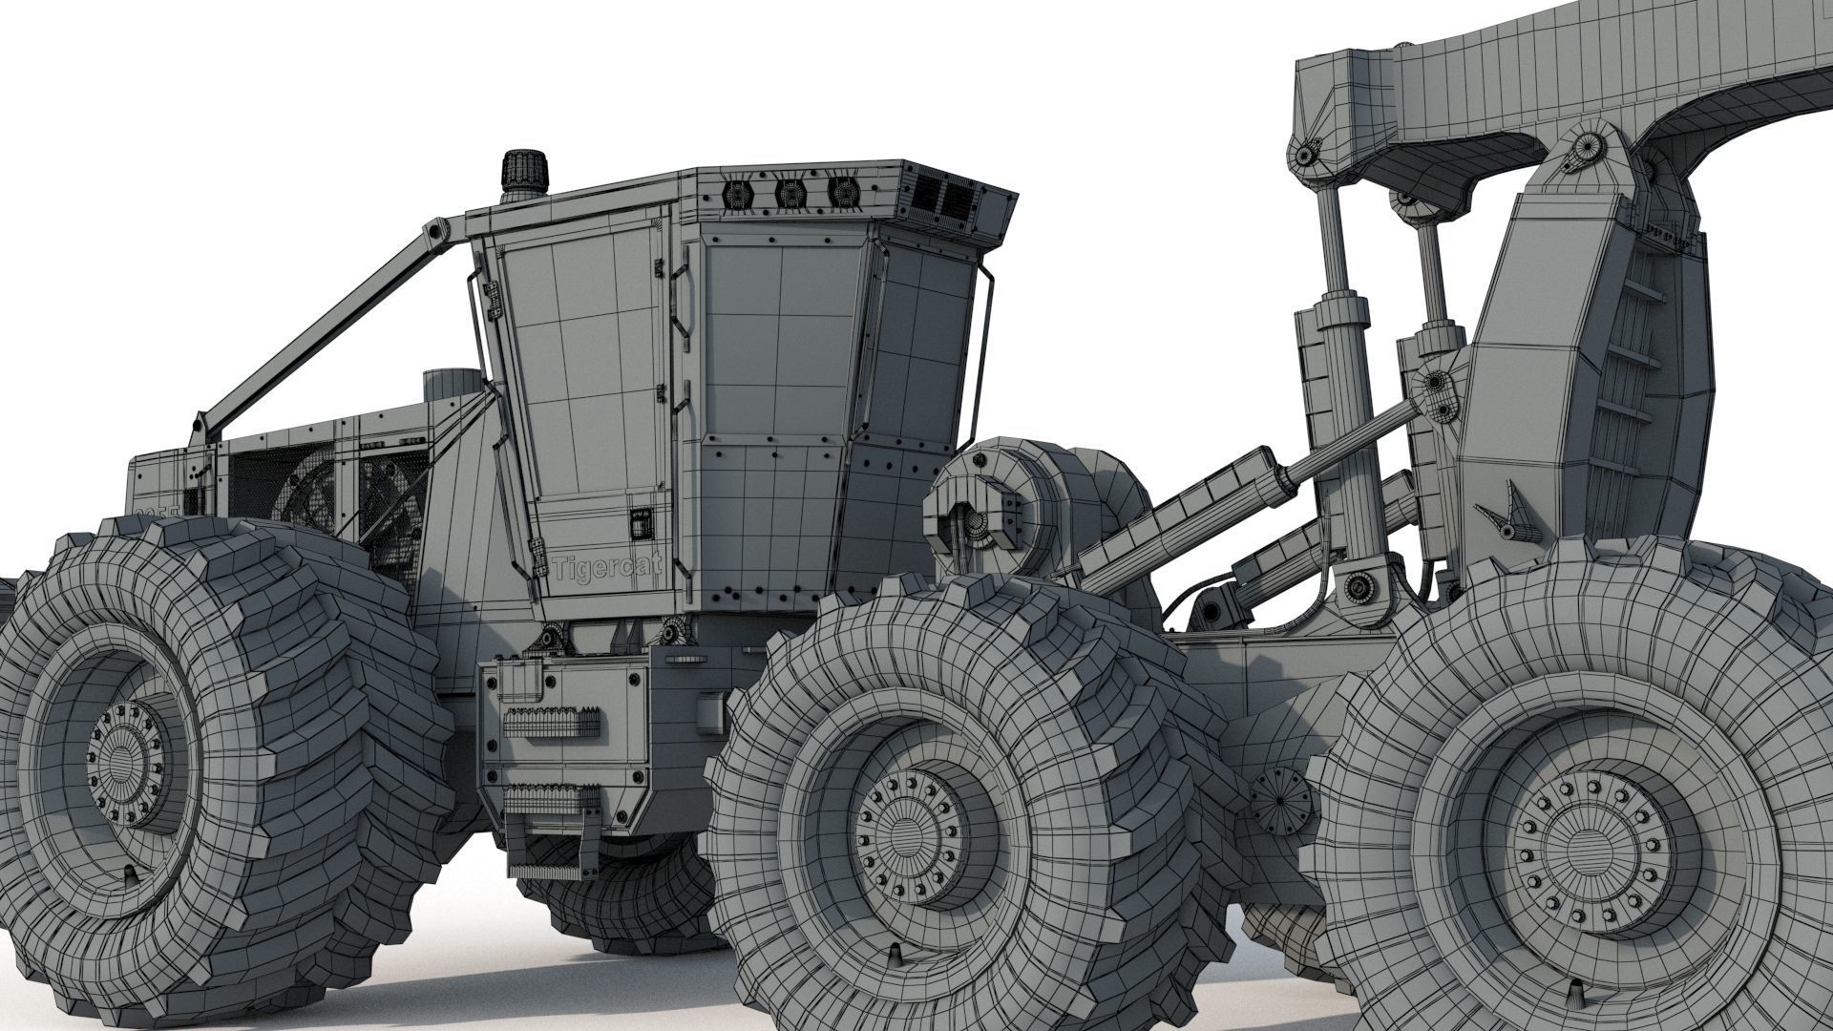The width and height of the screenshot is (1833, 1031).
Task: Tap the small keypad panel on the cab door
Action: [639, 522]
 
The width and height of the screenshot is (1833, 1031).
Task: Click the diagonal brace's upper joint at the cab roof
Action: [437, 230]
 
